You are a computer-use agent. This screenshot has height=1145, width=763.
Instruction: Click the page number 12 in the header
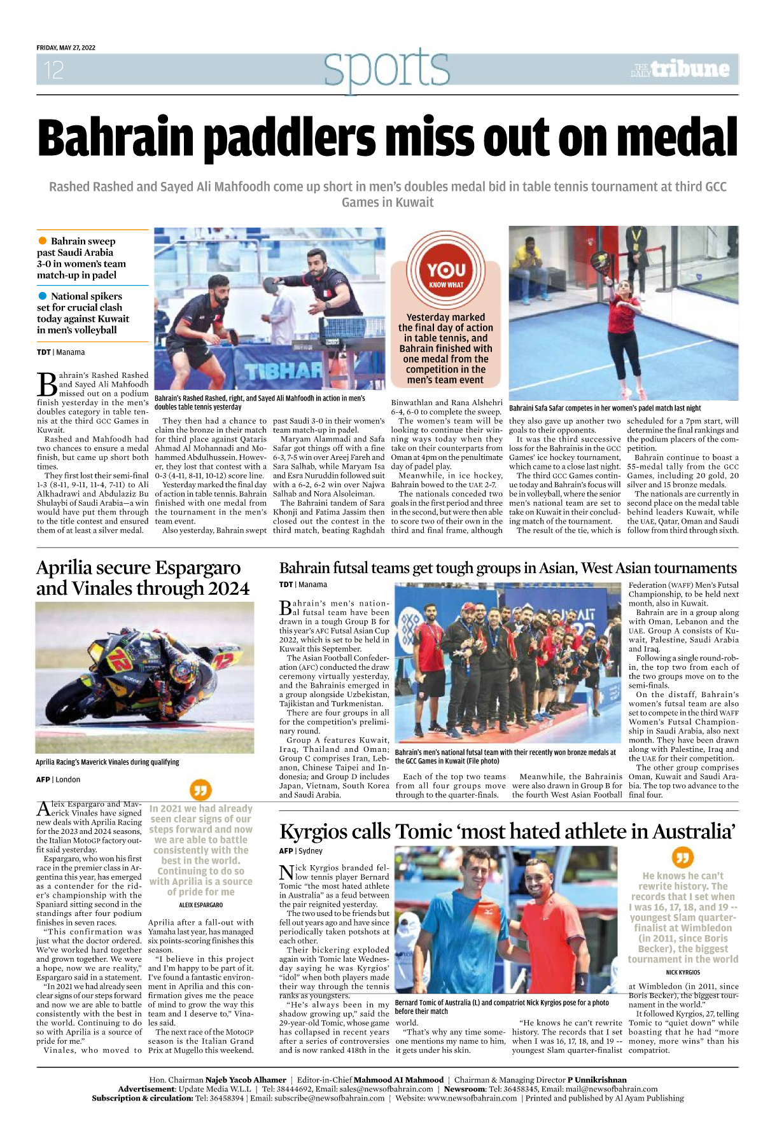[54, 69]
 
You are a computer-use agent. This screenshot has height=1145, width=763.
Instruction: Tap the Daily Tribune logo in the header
[680, 69]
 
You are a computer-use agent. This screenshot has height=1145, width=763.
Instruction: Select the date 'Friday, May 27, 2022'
[66, 48]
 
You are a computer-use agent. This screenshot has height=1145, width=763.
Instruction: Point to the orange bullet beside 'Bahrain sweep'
[43, 240]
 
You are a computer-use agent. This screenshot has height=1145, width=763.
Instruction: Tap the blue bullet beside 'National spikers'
[43, 296]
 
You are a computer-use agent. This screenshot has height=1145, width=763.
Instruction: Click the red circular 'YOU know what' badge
[445, 270]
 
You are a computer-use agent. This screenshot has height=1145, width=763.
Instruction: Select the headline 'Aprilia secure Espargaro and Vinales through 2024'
[143, 578]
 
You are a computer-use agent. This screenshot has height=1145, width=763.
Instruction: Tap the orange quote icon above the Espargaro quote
[200, 790]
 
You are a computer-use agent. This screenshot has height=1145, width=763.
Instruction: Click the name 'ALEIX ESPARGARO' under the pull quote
[200, 905]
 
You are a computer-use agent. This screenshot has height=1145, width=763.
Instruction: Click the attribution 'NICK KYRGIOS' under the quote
[683, 972]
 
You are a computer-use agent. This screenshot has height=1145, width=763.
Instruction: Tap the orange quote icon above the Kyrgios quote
[682, 857]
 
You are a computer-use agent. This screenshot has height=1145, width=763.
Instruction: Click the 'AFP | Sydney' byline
[300, 850]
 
